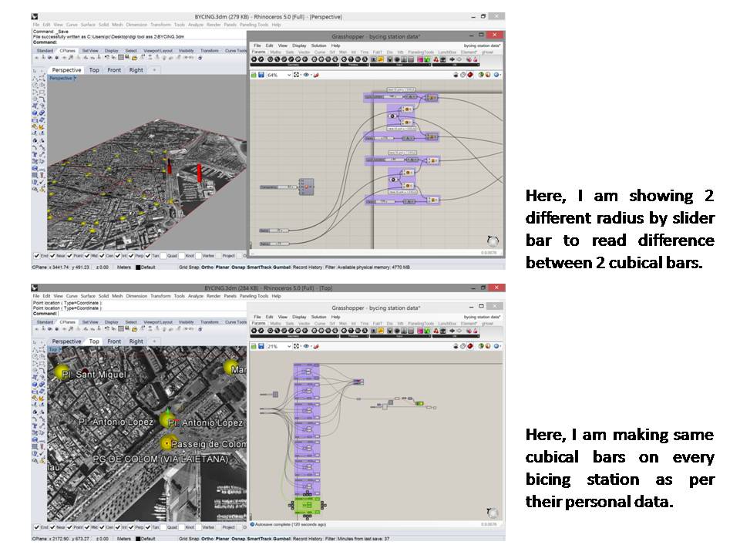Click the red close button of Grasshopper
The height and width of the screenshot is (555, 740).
tap(497, 35)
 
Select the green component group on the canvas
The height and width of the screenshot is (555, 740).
tap(308, 505)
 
